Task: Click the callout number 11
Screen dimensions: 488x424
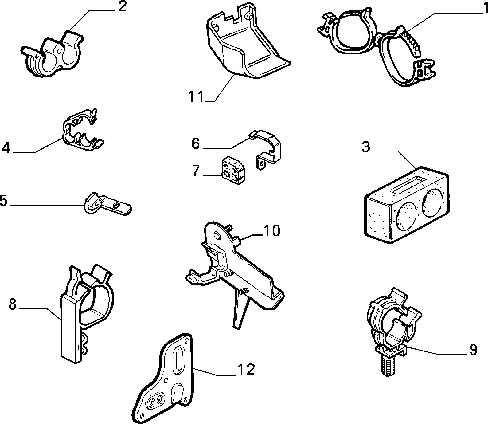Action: [x=196, y=96]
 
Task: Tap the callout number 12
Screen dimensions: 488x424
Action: [x=246, y=369]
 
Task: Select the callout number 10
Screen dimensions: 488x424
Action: [x=271, y=230]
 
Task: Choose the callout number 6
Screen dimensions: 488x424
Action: [x=196, y=143]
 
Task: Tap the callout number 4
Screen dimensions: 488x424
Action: [x=6, y=148]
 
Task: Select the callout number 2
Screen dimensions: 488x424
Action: [x=123, y=6]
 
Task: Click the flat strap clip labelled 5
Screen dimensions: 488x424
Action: [x=107, y=203]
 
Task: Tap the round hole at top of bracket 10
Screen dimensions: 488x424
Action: [x=217, y=236]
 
